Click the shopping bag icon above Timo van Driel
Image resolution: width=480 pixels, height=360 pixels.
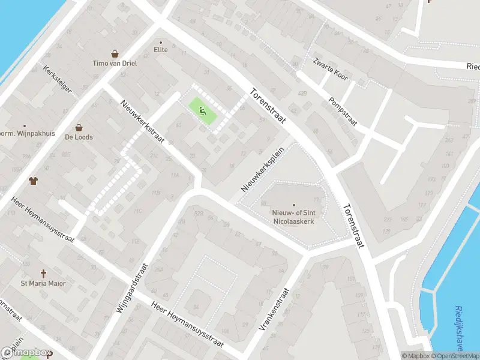click(x=114, y=54)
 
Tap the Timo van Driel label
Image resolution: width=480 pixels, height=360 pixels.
click(x=114, y=64)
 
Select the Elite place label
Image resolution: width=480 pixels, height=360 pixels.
click(x=161, y=50)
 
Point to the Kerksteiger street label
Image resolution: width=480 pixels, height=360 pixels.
click(x=58, y=79)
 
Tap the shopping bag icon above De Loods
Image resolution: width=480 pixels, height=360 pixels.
click(x=79, y=127)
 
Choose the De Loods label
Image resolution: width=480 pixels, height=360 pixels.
click(x=79, y=137)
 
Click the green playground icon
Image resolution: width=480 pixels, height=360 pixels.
click(x=203, y=110)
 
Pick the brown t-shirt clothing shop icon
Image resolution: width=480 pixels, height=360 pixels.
click(x=33, y=181)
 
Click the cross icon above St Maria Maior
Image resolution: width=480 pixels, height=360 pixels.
click(x=43, y=273)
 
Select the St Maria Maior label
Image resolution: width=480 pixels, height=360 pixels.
click(x=43, y=283)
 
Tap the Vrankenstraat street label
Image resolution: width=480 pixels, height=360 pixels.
click(x=274, y=310)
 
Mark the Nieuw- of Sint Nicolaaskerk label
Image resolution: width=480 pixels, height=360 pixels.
click(x=294, y=216)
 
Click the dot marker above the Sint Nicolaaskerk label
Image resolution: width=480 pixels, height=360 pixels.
click(x=294, y=205)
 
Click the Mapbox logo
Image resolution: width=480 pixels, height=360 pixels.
click(x=26, y=353)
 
